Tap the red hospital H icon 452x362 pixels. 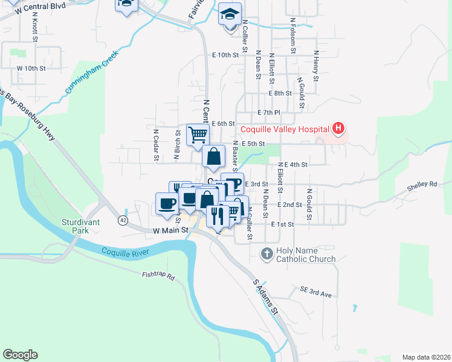tap(338, 129)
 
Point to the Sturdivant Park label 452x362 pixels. tap(79, 226)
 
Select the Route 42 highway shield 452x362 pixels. tap(123, 220)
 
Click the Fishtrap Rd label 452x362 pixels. tap(158, 277)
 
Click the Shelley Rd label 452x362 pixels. tap(421, 184)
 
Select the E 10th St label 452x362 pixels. tap(226, 55)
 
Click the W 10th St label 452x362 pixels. tap(31, 68)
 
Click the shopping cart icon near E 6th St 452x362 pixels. tap(197, 135)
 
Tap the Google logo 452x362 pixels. tap(20, 355)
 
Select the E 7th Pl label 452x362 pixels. tap(269, 113)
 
